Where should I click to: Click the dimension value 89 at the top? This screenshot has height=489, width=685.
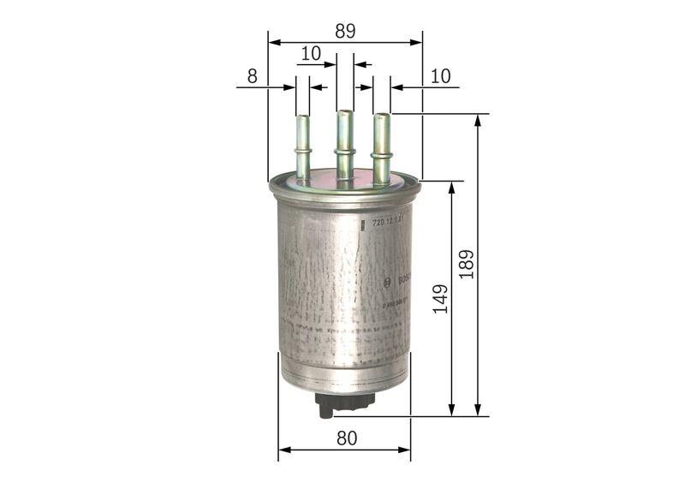[x=345, y=31]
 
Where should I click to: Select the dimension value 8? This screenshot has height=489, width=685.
[x=252, y=75]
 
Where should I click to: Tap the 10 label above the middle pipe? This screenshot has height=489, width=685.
[x=310, y=53]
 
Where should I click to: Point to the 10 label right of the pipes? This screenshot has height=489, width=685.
[x=440, y=75]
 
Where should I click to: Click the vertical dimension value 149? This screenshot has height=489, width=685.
[x=440, y=299]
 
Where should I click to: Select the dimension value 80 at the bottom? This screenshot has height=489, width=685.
[x=346, y=438]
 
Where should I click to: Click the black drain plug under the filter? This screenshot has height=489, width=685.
[x=337, y=403]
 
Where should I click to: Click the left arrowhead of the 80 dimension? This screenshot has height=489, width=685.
[x=284, y=449]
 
